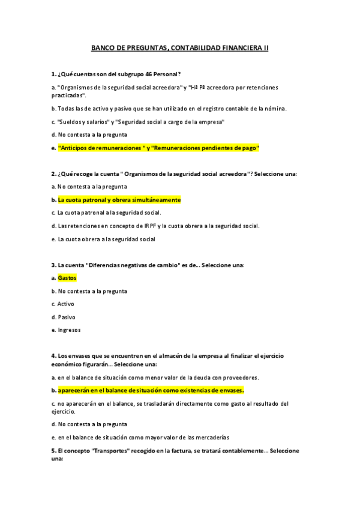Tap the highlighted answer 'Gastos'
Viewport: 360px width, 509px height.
pos(67,278)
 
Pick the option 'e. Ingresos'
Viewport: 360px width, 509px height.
pos(66,330)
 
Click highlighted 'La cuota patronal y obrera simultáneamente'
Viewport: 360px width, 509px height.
pos(119,199)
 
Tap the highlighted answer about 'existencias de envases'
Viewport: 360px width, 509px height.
pos(151,390)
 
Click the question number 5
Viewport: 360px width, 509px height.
pos(53,450)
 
